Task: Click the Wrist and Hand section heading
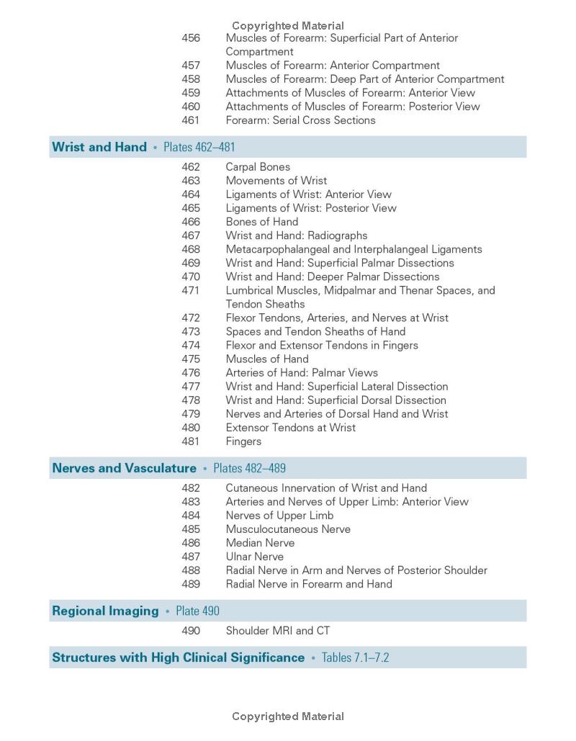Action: [99, 147]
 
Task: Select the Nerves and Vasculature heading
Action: [124, 468]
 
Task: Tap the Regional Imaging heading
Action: [105, 611]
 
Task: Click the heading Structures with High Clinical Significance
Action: [178, 657]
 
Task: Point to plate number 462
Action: [191, 167]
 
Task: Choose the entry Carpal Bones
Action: [258, 167]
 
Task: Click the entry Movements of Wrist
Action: [276, 181]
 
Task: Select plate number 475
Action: [191, 359]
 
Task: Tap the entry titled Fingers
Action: [243, 441]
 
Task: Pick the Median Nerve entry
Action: [260, 543]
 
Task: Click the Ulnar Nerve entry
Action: [254, 557]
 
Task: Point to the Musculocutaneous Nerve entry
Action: [288, 529]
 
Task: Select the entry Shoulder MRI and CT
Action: [278, 631]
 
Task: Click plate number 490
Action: [191, 631]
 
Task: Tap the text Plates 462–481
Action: [199, 148]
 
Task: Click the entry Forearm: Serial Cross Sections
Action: [300, 120]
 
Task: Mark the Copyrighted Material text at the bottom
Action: [288, 717]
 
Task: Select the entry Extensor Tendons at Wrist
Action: [290, 428]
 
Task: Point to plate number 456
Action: [191, 38]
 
